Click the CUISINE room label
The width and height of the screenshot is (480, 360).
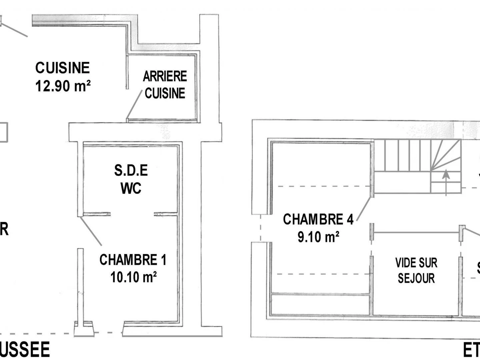[x=62, y=68]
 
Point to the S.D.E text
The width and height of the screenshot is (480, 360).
[x=131, y=171]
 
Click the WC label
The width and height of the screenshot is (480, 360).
[x=131, y=188]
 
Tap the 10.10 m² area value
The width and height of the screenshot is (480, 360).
[x=133, y=277]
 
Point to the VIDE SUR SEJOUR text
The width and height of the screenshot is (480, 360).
[x=416, y=270]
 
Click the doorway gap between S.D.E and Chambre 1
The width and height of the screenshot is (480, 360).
[x=132, y=214]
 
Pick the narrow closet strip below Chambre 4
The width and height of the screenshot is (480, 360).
[x=320, y=304]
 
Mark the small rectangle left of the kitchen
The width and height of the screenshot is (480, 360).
[x=3, y=132]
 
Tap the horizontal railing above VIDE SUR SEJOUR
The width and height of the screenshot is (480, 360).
[x=416, y=232]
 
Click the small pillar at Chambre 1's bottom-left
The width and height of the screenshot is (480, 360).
[x=84, y=328]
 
